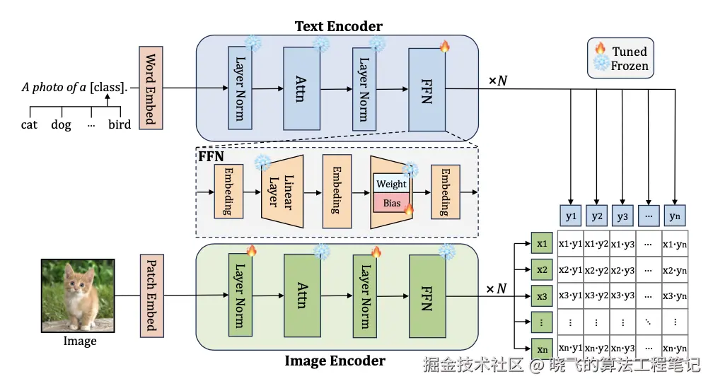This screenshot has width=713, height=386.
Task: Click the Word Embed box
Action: [150, 88]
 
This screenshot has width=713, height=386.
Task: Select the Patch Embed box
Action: [150, 296]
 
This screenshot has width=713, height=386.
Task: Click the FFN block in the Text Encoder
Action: [427, 88]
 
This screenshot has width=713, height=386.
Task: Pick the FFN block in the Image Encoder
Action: [427, 296]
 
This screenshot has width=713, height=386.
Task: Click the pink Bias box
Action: [392, 203]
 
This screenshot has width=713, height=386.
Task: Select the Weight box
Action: [391, 184]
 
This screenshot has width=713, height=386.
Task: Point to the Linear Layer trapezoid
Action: [282, 192]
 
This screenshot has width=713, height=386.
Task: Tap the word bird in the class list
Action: [120, 124]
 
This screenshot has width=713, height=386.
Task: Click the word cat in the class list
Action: [29, 124]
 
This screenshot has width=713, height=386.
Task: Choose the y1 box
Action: [571, 216]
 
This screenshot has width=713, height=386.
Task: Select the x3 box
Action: [543, 296]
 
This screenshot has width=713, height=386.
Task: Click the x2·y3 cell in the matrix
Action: [622, 270]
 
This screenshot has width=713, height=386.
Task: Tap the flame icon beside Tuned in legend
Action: [601, 49]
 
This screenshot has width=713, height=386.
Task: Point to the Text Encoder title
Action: [338, 27]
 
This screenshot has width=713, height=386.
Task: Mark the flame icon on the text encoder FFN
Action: [445, 47]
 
